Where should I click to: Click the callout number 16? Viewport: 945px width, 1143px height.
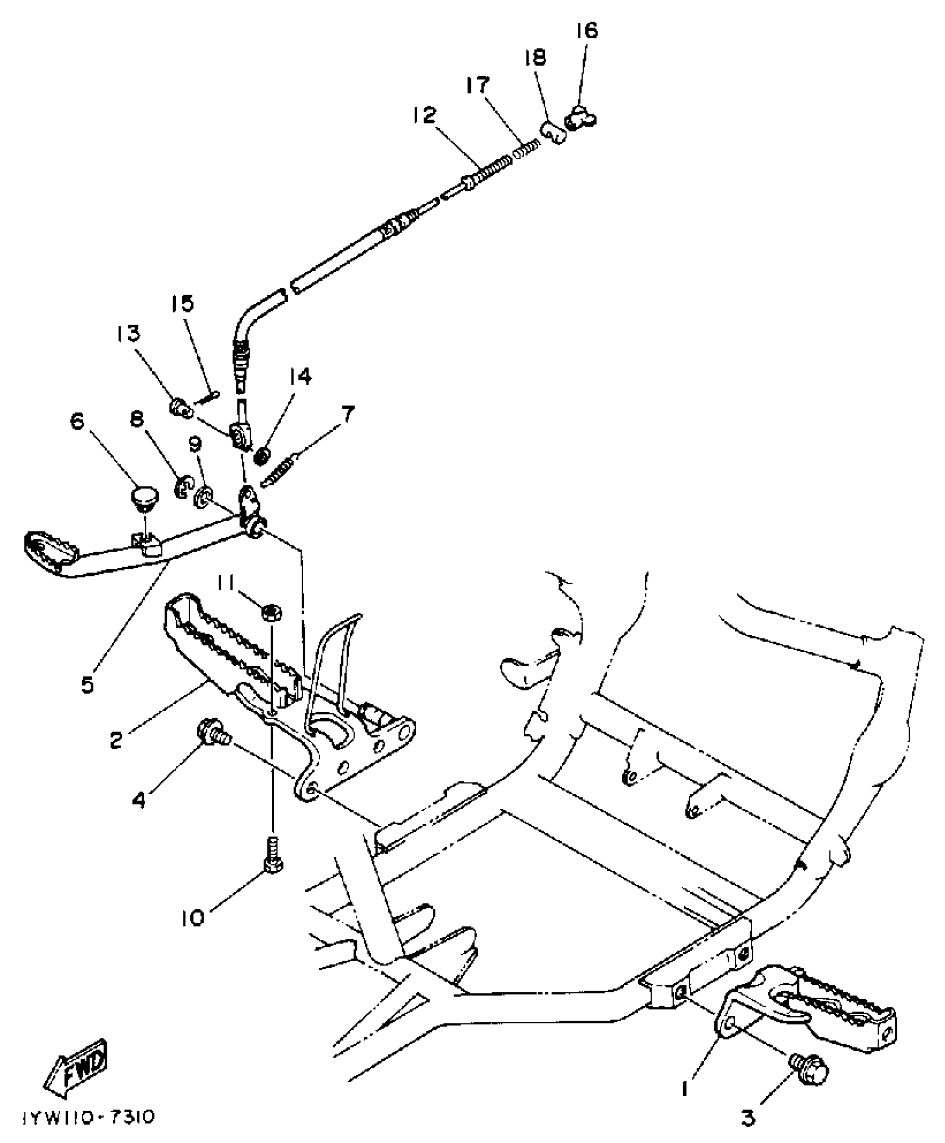pyautogui.click(x=587, y=31)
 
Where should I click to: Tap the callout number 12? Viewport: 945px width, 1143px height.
pyautogui.click(x=425, y=115)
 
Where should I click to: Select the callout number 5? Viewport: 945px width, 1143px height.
pyautogui.click(x=87, y=684)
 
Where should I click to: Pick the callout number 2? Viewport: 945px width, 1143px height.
pyautogui.click(x=116, y=740)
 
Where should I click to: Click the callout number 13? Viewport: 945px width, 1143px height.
pyautogui.click(x=128, y=334)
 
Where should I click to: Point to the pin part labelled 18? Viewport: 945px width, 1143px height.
pyautogui.click(x=553, y=132)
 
